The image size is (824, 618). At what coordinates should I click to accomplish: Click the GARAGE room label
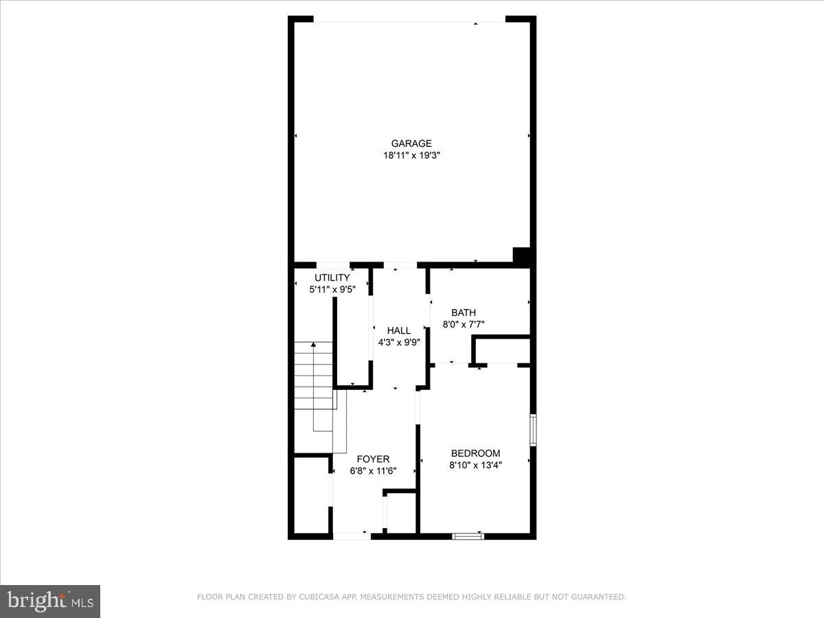411,144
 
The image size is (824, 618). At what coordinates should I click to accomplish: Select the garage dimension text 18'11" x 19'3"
411,156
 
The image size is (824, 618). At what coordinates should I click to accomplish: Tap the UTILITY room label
332,277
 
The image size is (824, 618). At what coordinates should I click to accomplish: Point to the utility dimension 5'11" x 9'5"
332,290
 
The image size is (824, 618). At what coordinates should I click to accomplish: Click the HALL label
399,330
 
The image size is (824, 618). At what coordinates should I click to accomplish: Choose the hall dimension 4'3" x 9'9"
399,342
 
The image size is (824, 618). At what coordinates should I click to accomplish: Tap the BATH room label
463,312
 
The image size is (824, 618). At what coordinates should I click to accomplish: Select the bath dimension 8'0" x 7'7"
463,324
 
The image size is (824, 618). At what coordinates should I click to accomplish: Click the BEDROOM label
475,453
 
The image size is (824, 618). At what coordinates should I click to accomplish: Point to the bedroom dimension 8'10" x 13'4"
475,465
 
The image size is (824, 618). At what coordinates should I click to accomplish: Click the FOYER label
374,459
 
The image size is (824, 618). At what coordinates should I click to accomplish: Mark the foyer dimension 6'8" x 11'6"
374,471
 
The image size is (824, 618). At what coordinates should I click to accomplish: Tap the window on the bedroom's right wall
533,430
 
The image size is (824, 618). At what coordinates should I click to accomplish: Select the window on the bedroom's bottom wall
468,536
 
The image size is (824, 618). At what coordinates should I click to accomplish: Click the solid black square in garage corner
523,255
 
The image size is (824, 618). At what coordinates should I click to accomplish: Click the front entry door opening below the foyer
352,535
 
